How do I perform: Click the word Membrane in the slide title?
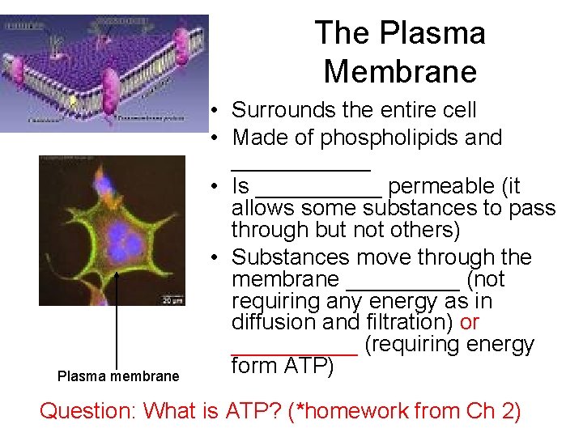click(400, 71)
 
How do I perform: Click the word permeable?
click(442, 186)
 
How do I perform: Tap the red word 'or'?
click(470, 322)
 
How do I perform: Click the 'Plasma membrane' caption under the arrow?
click(118, 376)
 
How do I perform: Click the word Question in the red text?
click(87, 411)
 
